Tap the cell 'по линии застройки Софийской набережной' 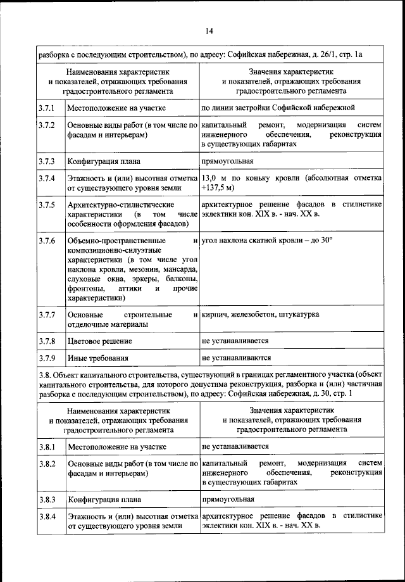pyautogui.click(x=278, y=108)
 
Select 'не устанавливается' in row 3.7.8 pyautogui.click(x=235, y=341)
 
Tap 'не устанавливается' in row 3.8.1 pyautogui.click(x=235, y=446)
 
